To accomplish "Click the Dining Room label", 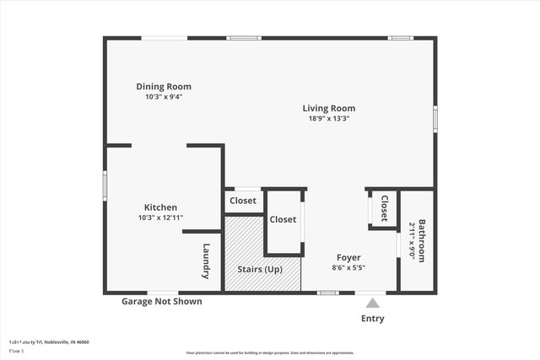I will click(164, 86).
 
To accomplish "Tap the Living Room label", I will click(329, 108).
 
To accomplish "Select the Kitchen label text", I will click(160, 207).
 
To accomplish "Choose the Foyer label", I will click(348, 257).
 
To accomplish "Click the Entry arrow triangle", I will click(372, 304).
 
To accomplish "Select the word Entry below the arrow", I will click(372, 319).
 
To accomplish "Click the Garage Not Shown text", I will click(161, 301).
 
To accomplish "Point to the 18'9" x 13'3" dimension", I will click(329, 119).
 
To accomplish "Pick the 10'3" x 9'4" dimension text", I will click(164, 97).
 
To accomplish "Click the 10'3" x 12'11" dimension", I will click(160, 218).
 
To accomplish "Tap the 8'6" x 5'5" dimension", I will click(348, 267).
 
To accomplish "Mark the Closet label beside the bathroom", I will click(384, 208).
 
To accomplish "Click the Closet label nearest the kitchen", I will click(243, 201).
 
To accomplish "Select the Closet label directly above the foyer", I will click(283, 219).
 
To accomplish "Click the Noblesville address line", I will click(49, 341).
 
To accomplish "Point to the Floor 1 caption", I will click(17, 351).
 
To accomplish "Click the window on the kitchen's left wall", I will click(105, 185).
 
